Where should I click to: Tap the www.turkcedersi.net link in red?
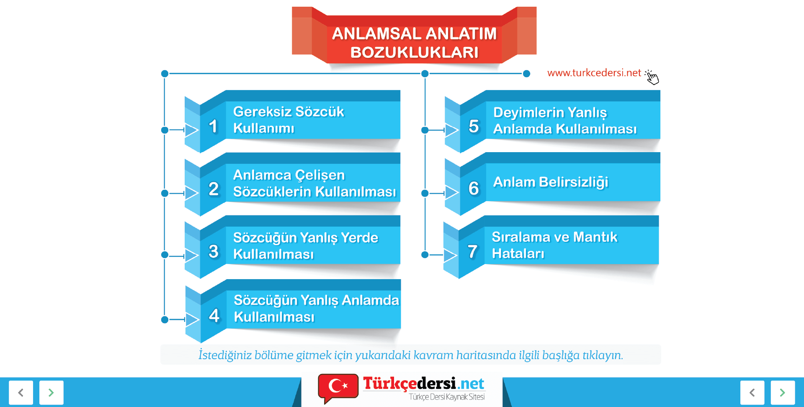coord(594,73)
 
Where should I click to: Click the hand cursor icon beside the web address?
coord(652,77)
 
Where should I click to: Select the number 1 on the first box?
coord(214,126)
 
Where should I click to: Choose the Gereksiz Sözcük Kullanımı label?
coord(289,119)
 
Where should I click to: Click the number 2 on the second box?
coord(214,189)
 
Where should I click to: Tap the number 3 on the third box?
coord(214,251)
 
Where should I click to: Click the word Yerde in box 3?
coord(359,238)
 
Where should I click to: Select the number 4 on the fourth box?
coord(214,315)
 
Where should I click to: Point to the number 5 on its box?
coord(474,126)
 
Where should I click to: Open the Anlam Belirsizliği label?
coord(551,182)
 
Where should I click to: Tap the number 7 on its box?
coord(472,251)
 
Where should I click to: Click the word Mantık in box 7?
coord(595,237)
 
